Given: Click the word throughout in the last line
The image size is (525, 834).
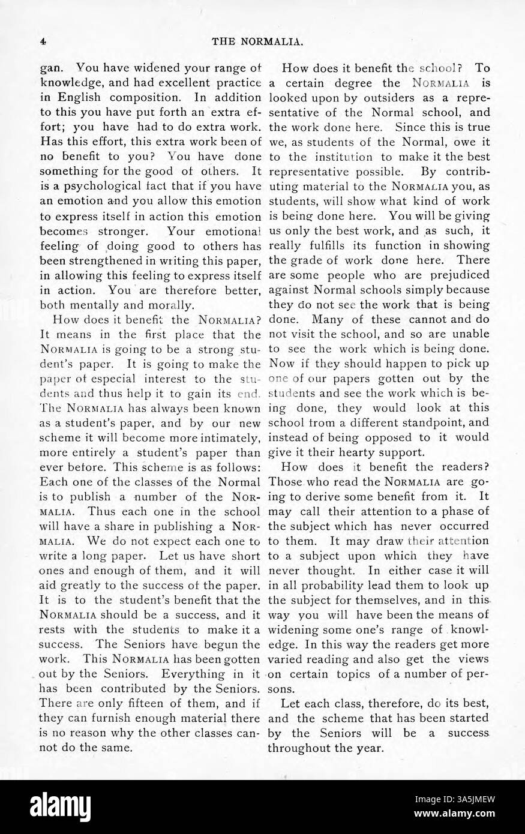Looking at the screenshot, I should pyautogui.click(x=300, y=748).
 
